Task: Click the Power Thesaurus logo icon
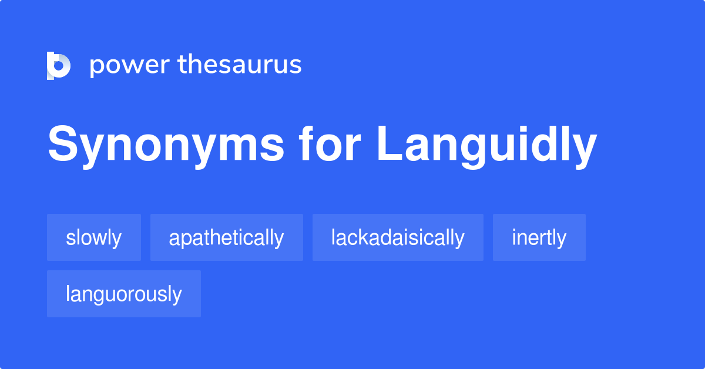[x=59, y=65]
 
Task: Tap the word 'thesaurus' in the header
[x=240, y=65]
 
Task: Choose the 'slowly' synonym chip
[x=94, y=237]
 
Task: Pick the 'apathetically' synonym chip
[x=226, y=237]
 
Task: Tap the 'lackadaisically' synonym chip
[x=398, y=237]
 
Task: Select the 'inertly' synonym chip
[x=539, y=237]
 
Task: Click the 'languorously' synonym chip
[x=124, y=294]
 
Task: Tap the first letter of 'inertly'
[x=514, y=237]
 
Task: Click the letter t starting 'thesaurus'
[x=182, y=65]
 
